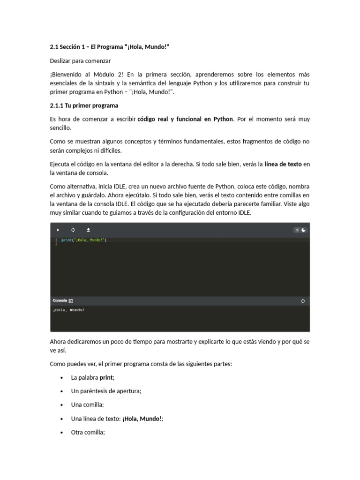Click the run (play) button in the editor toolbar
pyautogui.click(x=58, y=230)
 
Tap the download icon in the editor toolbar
pyautogui.click(x=88, y=230)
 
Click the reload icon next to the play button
pyautogui.click(x=73, y=230)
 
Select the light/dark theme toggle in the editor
pyautogui.click(x=300, y=230)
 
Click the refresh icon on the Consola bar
pyautogui.click(x=303, y=301)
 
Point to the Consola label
pyautogui.click(x=60, y=300)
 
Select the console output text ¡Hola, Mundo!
pyautogui.click(x=69, y=310)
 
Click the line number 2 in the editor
pyautogui.click(x=56, y=244)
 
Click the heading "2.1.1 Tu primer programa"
pyautogui.click(x=84, y=105)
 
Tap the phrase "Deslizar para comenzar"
pyautogui.click(x=81, y=61)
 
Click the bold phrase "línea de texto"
pyautogui.click(x=283, y=164)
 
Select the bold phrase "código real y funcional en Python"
pyautogui.click(x=185, y=119)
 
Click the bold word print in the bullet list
pyautogui.click(x=106, y=377)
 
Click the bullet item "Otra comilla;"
pyautogui.click(x=88, y=433)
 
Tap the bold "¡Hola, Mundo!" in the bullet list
pyautogui.click(x=142, y=419)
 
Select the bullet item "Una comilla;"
pyautogui.click(x=88, y=405)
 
